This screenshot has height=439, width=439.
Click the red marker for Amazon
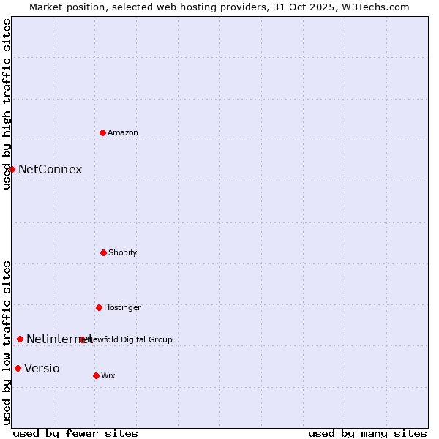(x=102, y=132)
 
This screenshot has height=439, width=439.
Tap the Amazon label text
(x=123, y=133)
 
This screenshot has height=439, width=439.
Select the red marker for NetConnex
(x=12, y=169)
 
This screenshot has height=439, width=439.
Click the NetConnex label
(x=50, y=170)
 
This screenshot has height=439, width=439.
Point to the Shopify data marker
(x=103, y=252)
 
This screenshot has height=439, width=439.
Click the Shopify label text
(x=123, y=253)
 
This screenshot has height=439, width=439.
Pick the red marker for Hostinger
(x=99, y=307)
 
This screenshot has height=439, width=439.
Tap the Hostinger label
(x=122, y=308)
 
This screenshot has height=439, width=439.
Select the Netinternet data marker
(x=20, y=339)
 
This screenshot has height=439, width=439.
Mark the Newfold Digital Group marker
(x=83, y=339)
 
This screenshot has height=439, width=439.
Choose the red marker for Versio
(x=18, y=368)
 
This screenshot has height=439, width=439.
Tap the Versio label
(x=42, y=369)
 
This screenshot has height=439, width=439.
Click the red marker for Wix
(x=96, y=375)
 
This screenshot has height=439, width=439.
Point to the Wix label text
(x=108, y=376)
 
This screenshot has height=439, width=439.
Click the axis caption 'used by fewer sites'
(x=75, y=433)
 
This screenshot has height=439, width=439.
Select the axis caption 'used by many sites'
(x=367, y=433)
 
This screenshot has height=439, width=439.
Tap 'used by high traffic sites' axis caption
(x=7, y=104)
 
